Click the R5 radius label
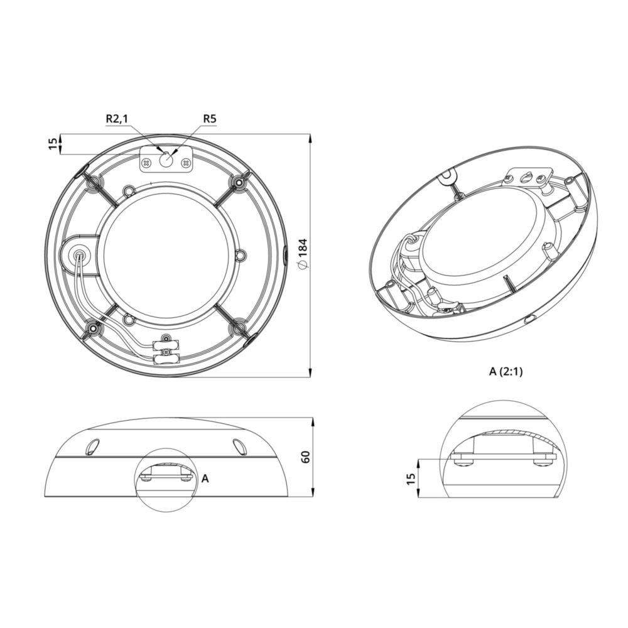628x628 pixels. pos(210,119)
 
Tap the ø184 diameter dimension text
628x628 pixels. pos(303,254)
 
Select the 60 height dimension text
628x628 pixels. pos(306,457)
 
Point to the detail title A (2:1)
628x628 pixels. pos(506,372)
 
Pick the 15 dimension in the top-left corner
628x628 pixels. pos(53,144)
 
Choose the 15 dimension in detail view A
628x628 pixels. pos(411,479)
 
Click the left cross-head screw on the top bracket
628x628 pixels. pos(147,163)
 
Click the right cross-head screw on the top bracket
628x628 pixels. pos(185,163)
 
